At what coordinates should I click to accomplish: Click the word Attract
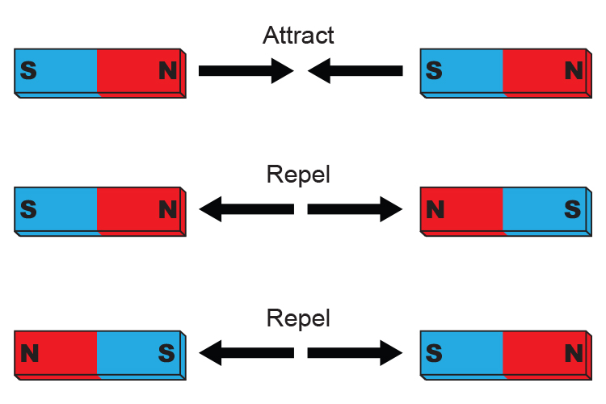tap(298, 36)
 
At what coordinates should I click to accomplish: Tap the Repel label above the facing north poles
tap(298, 175)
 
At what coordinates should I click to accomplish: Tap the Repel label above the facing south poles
tap(298, 318)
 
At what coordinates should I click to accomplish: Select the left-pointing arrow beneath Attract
tap(356, 71)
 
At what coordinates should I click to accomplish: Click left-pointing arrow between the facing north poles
tap(246, 210)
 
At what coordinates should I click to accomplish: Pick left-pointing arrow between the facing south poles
tap(246, 352)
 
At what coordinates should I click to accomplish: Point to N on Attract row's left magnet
tap(167, 71)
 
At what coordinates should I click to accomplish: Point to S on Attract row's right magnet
tap(434, 71)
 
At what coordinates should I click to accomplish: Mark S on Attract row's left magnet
tap(28, 71)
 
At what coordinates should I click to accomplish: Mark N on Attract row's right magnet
tap(573, 71)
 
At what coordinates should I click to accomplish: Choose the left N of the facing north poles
tap(167, 210)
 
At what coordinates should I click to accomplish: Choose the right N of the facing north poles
tap(435, 210)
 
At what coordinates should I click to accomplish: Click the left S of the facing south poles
tap(167, 353)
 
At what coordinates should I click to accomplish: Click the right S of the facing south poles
tap(434, 353)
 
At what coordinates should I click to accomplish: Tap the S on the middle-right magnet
tap(573, 210)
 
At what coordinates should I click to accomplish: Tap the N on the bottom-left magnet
tap(29, 353)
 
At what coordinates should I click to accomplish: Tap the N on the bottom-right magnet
tap(573, 353)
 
